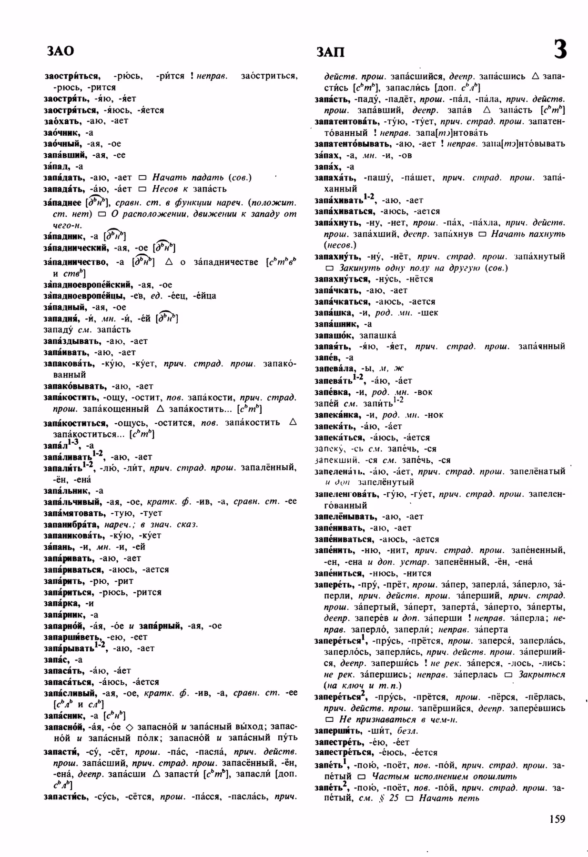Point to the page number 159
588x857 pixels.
click(557, 819)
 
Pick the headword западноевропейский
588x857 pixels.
click(87, 285)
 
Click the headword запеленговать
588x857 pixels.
click(347, 494)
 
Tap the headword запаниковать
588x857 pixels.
click(71, 535)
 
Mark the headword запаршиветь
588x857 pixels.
click(71, 637)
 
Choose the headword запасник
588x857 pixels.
click(64, 715)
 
